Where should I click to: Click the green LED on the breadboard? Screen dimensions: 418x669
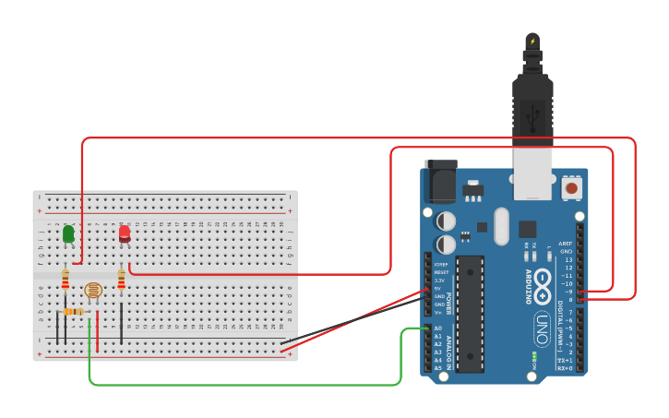(x=68, y=234)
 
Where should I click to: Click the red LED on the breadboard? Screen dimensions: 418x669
(x=125, y=234)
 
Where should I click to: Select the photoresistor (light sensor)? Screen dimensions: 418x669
(x=93, y=291)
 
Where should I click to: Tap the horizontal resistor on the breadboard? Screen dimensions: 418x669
(x=71, y=312)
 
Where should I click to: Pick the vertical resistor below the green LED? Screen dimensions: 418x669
(x=66, y=278)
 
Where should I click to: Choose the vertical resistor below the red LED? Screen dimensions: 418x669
(x=122, y=278)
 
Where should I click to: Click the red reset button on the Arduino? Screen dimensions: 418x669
(x=571, y=188)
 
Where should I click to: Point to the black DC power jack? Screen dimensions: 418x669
(x=439, y=181)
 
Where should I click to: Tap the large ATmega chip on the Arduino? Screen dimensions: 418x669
(x=470, y=314)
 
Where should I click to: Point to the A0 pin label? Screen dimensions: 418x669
(x=438, y=328)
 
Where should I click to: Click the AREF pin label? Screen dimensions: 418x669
(x=566, y=244)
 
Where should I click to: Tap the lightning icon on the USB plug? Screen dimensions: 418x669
(x=532, y=41)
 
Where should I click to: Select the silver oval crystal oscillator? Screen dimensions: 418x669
(x=501, y=226)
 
